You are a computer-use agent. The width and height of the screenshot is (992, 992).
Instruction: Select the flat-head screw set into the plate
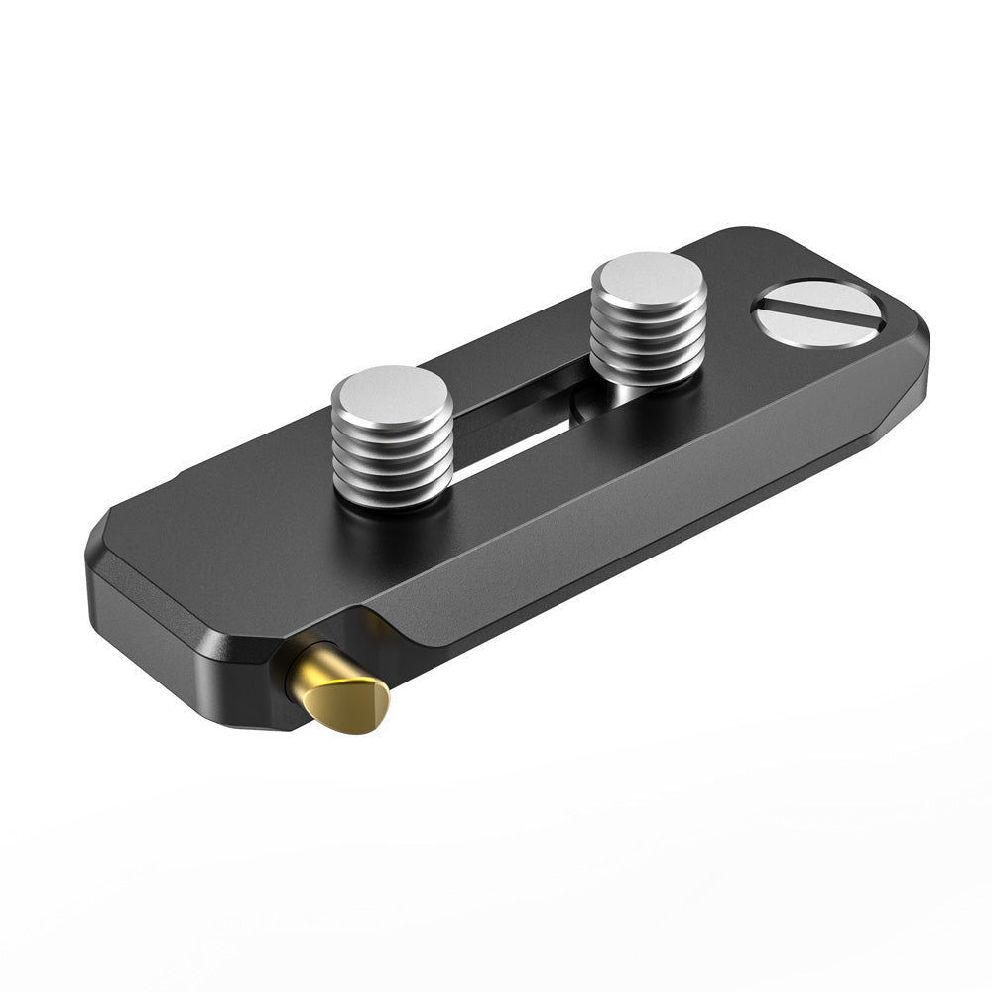tap(816, 312)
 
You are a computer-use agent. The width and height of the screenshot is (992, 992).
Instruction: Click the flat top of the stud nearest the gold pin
tap(392, 389)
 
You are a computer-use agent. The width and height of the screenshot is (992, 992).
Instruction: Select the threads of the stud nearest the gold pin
tap(392, 456)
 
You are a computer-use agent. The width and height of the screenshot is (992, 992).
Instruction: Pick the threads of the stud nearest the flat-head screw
tap(648, 342)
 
